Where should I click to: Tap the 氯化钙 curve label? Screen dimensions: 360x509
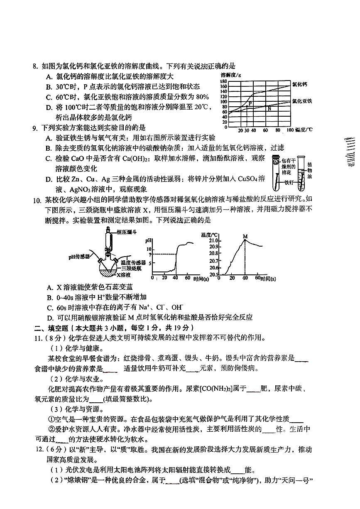tap(299, 84)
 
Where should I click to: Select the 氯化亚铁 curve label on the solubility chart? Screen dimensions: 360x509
tap(302, 101)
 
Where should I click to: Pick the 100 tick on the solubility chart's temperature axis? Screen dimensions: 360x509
tap(290, 130)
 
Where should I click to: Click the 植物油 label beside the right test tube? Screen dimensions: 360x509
tap(310, 170)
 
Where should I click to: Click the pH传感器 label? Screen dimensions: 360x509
tap(79, 257)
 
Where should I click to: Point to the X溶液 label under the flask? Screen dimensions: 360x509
tap(124, 275)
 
